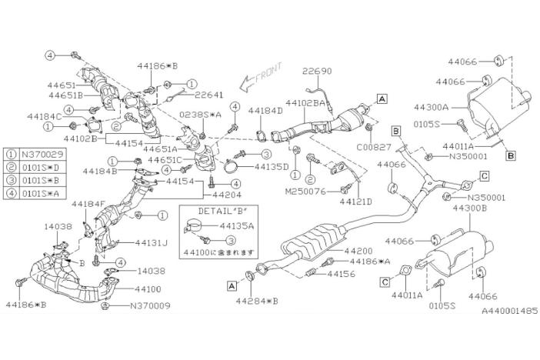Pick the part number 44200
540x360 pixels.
(x=359, y=251)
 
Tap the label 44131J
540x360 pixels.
(x=152, y=242)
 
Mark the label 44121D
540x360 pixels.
(x=355, y=201)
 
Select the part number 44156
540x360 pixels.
(x=341, y=273)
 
